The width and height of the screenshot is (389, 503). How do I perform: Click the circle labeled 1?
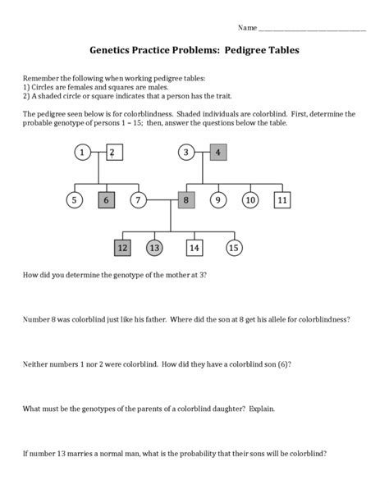tap(82, 152)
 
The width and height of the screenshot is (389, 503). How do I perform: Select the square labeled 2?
tap(114, 152)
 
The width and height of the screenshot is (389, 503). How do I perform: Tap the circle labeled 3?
tap(186, 152)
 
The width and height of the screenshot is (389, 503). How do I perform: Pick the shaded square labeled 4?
tap(217, 152)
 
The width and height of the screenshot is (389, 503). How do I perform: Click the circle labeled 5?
tap(74, 199)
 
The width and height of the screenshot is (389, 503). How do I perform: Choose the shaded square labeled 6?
tap(106, 199)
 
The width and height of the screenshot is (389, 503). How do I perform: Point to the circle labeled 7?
tap(139, 199)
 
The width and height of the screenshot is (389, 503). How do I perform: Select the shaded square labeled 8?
tap(186, 199)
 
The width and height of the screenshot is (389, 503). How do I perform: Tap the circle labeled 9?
tap(218, 199)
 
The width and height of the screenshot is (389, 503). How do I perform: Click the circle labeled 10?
tap(250, 199)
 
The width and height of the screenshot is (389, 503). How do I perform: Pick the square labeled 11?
tap(281, 199)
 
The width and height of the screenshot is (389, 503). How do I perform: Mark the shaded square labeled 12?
tap(122, 247)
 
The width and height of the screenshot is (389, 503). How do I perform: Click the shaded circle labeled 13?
tap(154, 247)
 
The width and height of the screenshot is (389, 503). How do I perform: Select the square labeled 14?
tap(194, 247)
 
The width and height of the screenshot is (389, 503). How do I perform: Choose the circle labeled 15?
tap(234, 247)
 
